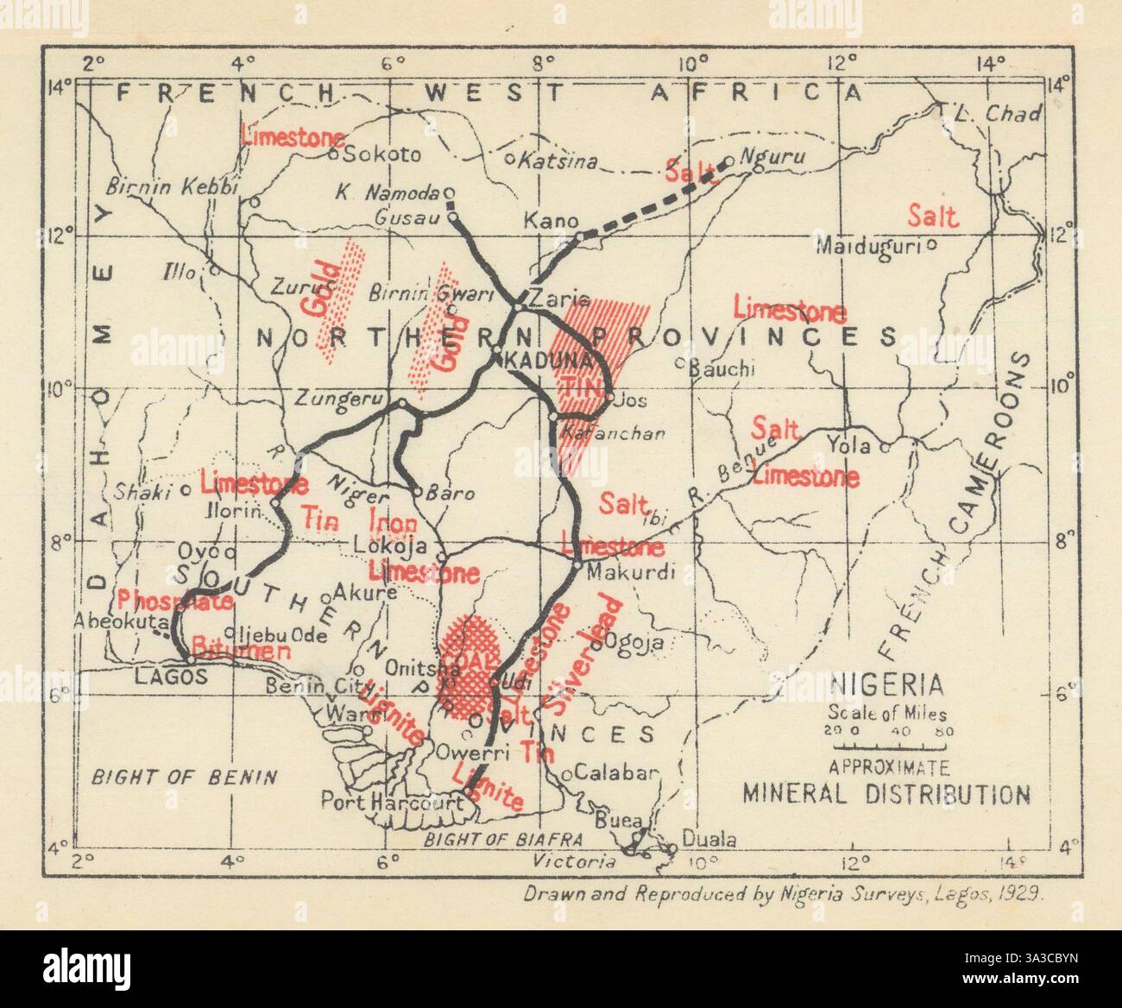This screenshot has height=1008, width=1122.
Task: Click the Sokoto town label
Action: (x=383, y=155)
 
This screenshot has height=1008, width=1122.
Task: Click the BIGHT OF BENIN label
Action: (x=185, y=776)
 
